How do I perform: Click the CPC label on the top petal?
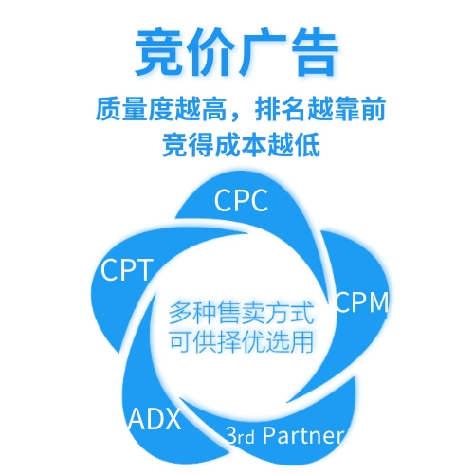coord(241,201)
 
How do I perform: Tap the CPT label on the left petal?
coord(127,269)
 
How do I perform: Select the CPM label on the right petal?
coord(362,302)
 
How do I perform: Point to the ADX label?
coord(155,419)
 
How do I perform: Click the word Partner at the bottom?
coord(302,435)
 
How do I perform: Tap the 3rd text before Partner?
coord(241,436)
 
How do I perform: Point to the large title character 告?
coord(314,51)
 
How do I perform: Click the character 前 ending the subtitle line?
coord(373,109)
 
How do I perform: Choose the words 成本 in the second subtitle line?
coord(241,145)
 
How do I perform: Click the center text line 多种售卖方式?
coord(241,313)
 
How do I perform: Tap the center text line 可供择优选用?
coord(241,341)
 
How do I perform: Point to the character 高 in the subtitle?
coord(213,109)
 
